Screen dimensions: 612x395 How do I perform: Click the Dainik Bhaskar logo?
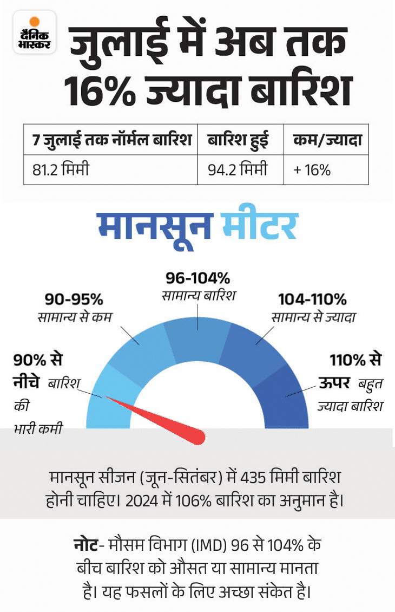[35, 32]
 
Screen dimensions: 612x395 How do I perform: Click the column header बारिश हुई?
[238, 140]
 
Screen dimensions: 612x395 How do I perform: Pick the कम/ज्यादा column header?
[326, 140]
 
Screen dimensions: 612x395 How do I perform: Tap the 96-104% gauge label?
[198, 279]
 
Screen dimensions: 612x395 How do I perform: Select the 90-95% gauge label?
[74, 300]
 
